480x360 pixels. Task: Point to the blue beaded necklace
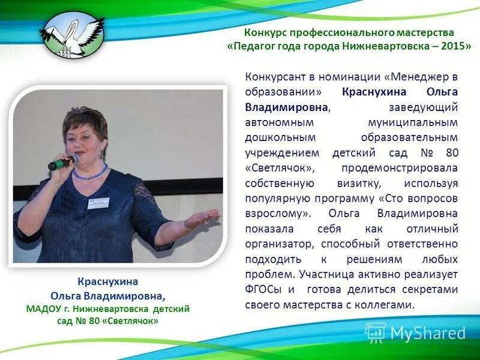click(90, 173)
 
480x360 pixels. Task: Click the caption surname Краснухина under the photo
click(107, 281)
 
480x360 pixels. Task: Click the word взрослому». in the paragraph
click(277, 213)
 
